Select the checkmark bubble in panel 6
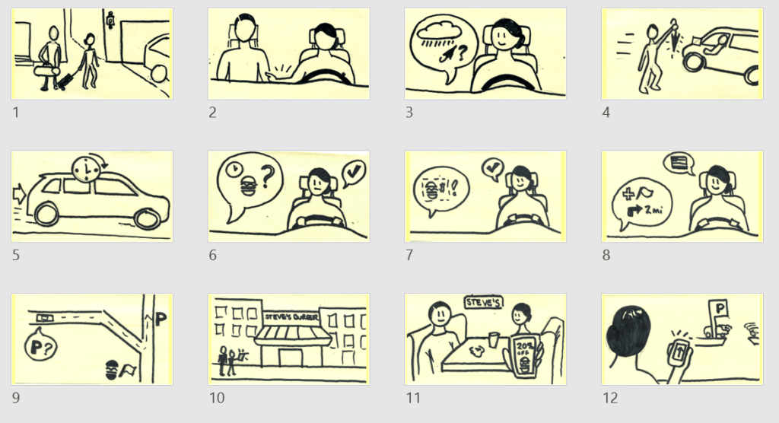coord(354,173)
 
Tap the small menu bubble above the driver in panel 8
coord(674,162)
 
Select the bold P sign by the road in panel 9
coord(161,320)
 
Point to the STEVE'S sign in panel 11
coord(484,302)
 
